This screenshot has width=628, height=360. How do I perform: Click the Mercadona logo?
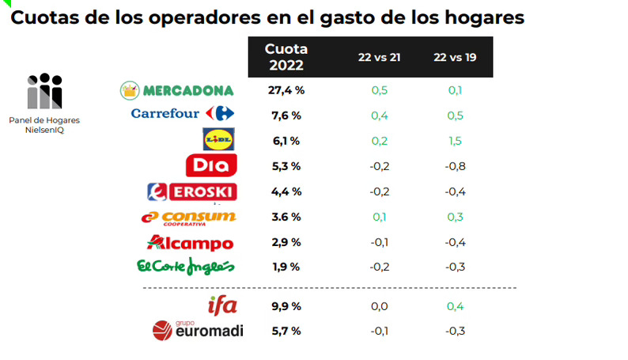[176, 90]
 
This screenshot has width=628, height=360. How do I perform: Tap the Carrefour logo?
[176, 114]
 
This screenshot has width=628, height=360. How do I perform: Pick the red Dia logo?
[210, 165]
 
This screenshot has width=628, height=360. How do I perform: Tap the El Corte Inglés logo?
[185, 268]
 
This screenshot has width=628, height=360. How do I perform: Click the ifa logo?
[221, 305]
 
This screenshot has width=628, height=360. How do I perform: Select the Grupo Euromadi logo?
[198, 330]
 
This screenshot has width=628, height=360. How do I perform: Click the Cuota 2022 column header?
[286, 57]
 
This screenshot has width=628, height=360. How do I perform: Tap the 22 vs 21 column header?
[378, 58]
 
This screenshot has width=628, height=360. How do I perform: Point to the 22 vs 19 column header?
[455, 58]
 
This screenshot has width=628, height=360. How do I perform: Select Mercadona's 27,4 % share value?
[286, 90]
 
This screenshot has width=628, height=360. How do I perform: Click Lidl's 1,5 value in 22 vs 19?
[455, 141]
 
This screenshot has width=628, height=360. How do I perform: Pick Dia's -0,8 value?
[454, 166]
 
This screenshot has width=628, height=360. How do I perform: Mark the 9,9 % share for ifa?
[285, 305]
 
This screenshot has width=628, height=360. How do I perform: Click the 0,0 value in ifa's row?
[379, 305]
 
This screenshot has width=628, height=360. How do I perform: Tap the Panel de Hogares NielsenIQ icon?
[44, 92]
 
